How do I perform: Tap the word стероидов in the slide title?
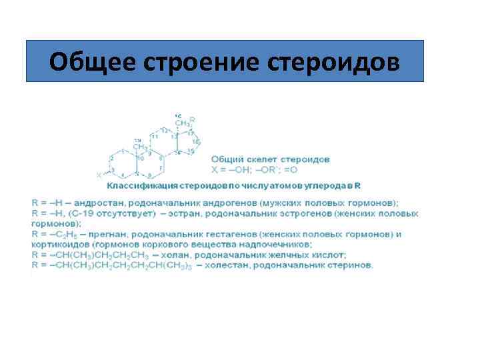click(333, 61)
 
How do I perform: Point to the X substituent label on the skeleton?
click(99, 175)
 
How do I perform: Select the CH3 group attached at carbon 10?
click(139, 146)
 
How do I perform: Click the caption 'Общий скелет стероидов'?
click(270, 159)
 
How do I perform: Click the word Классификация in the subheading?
click(141, 183)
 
